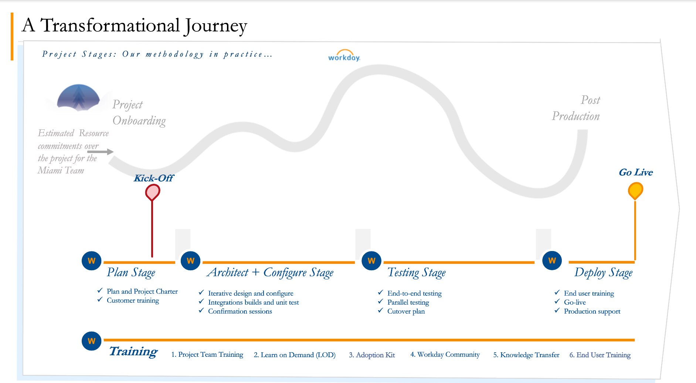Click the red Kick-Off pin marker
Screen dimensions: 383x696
pyautogui.click(x=152, y=191)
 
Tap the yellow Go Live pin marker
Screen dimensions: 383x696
pyautogui.click(x=635, y=190)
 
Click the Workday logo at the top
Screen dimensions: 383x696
pyautogui.click(x=344, y=56)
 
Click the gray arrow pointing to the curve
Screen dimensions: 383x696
pyautogui.click(x=100, y=152)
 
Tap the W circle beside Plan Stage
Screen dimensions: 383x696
pyautogui.click(x=91, y=261)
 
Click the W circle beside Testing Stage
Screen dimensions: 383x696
pyautogui.click(x=371, y=261)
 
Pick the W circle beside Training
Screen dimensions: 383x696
pyautogui.click(x=91, y=341)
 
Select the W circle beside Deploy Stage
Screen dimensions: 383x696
pyautogui.click(x=552, y=261)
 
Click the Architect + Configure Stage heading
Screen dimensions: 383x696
pyautogui.click(x=270, y=272)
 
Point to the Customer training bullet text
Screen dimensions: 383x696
pyautogui.click(x=133, y=301)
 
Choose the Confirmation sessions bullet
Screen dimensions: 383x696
pyautogui.click(x=240, y=311)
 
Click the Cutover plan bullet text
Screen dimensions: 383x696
pyautogui.click(x=406, y=311)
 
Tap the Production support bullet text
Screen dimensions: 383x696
pyautogui.click(x=592, y=311)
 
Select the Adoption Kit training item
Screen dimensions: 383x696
pyautogui.click(x=372, y=355)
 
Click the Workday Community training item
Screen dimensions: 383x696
pyautogui.click(x=445, y=355)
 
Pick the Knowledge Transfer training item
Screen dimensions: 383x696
pyautogui.click(x=526, y=355)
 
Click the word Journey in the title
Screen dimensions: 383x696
pyautogui.click(x=216, y=26)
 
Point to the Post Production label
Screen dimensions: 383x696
pyautogui.click(x=576, y=108)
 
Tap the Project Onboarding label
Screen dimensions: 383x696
pyautogui.click(x=139, y=113)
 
